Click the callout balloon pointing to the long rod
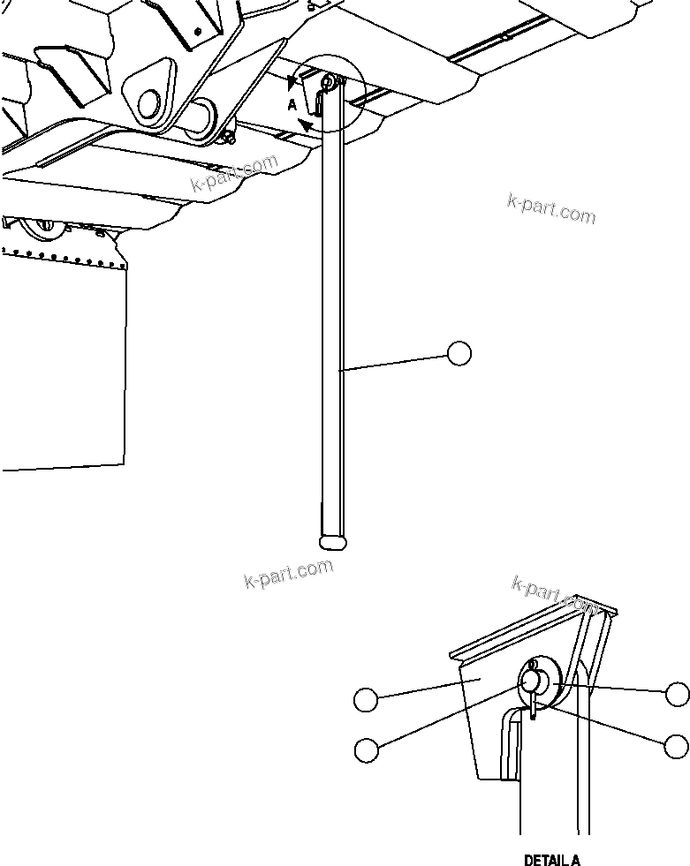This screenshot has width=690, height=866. (459, 353)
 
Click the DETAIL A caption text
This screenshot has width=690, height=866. (552, 860)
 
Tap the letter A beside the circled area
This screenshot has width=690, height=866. (292, 104)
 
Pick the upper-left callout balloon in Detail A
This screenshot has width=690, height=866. (366, 700)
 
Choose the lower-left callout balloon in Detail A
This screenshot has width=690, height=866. (366, 749)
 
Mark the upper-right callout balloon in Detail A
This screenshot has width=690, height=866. (678, 694)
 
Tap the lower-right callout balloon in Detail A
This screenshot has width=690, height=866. (676, 746)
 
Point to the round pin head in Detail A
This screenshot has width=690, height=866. (531, 681)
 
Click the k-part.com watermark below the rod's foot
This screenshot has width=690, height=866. (288, 574)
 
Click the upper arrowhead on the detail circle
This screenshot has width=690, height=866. (292, 82)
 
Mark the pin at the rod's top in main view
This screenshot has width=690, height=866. (328, 84)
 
